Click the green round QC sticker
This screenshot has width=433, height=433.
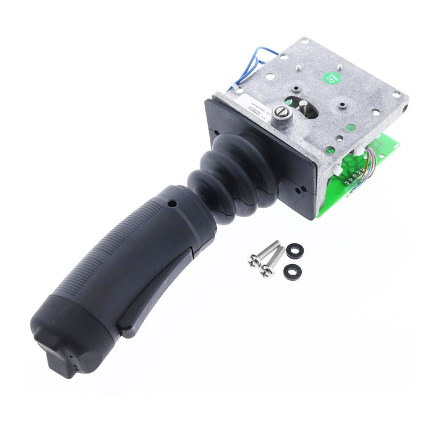coord(333,79)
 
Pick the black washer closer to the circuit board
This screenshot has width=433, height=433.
coord(296,250)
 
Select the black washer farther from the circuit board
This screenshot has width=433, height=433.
coord(292,271)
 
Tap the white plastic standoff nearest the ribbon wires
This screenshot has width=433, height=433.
coord(358,150)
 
